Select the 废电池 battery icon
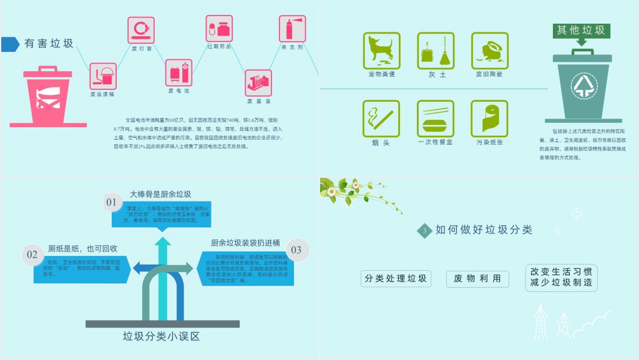point(178,72)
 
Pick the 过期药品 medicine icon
point(219,29)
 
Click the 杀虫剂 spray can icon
point(291,29)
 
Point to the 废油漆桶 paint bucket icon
point(103,76)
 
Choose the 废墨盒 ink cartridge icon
point(258,82)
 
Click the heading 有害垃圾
point(49,44)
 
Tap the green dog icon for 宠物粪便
point(381,51)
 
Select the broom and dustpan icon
point(436,51)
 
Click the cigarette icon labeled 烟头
point(381,119)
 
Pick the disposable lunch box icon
point(436,119)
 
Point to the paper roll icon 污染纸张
point(489,119)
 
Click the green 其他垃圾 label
point(581,30)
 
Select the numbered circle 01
point(111,202)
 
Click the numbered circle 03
point(296,250)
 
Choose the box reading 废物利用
point(477,279)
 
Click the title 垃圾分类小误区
point(161,337)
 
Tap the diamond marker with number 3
point(424,231)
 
